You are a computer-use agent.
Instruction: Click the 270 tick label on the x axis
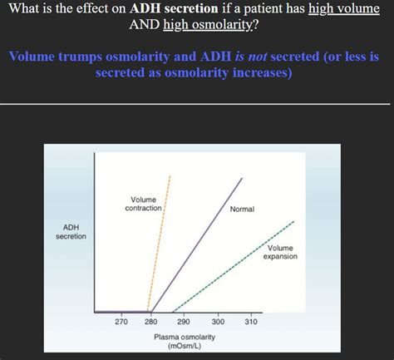click(x=121, y=321)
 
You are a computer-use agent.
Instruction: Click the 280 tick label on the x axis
click(x=150, y=321)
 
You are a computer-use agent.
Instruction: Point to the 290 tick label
click(x=184, y=321)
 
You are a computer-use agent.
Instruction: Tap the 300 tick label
click(x=218, y=321)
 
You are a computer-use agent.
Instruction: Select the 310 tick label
click(x=251, y=321)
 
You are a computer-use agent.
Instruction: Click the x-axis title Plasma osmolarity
click(x=185, y=336)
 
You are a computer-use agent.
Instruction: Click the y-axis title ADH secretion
click(x=71, y=231)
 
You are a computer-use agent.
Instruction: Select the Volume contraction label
click(x=143, y=203)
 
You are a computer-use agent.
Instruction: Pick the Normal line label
click(x=242, y=209)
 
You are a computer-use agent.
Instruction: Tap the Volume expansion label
click(x=280, y=252)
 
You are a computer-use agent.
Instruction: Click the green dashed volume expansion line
click(x=241, y=264)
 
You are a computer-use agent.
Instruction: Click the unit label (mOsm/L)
click(x=185, y=345)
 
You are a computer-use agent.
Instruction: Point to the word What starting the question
click(x=24, y=9)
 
